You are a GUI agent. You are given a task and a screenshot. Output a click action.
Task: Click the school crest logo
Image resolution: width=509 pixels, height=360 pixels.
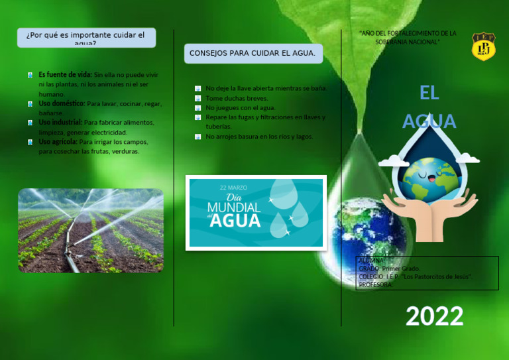point(483,46)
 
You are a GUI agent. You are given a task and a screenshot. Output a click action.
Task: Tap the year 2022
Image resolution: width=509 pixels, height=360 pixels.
point(434,316)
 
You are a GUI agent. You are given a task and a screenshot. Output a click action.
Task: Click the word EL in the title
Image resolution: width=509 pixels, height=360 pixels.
point(429,93)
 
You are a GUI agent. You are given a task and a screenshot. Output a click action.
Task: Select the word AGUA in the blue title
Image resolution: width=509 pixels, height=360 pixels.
point(429,121)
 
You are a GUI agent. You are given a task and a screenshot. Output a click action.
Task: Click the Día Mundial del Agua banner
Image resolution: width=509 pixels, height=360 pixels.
point(256,212)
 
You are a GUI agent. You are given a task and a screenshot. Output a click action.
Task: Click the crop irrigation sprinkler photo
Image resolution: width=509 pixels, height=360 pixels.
point(91,231)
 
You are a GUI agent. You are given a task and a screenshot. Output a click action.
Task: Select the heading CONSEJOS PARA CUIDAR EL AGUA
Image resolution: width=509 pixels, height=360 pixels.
point(253,53)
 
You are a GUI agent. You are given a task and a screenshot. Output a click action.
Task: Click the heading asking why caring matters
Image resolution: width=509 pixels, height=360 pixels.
point(85,37)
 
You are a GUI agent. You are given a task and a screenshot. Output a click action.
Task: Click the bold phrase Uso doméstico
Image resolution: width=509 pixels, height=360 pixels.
point(62,103)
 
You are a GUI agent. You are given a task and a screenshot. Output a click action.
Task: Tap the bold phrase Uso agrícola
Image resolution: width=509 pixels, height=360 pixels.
point(58,142)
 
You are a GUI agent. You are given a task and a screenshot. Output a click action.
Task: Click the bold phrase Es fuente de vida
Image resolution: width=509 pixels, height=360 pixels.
point(65,75)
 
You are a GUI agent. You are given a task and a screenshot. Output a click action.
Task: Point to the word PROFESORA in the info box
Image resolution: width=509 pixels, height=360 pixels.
point(376,285)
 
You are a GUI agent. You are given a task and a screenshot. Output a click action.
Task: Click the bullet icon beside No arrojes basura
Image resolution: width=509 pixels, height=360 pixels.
point(198,137)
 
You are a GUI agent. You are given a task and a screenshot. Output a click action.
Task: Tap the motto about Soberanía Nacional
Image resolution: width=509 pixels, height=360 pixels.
point(407,37)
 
